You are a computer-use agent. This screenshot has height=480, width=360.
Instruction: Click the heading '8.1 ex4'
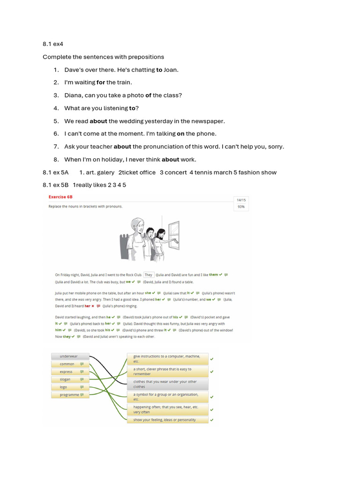53,44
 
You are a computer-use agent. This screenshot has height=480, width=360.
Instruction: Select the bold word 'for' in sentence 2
101,82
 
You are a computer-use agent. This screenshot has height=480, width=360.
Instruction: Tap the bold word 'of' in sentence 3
148,95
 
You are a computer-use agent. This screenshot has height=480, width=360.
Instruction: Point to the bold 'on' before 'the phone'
180,134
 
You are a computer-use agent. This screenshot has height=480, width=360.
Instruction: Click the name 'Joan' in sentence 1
171,70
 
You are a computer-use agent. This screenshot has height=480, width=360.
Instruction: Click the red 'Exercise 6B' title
60,197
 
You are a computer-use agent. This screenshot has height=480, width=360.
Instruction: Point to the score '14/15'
241,200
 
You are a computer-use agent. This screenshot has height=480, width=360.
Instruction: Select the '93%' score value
241,206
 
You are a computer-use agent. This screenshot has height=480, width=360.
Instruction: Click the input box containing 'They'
149,275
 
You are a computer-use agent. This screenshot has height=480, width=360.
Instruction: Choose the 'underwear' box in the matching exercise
70,356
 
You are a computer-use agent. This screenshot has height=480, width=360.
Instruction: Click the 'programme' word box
70,395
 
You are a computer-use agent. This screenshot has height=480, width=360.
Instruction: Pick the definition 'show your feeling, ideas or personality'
167,420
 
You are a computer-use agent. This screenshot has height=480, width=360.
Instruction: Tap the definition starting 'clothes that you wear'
167,384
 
